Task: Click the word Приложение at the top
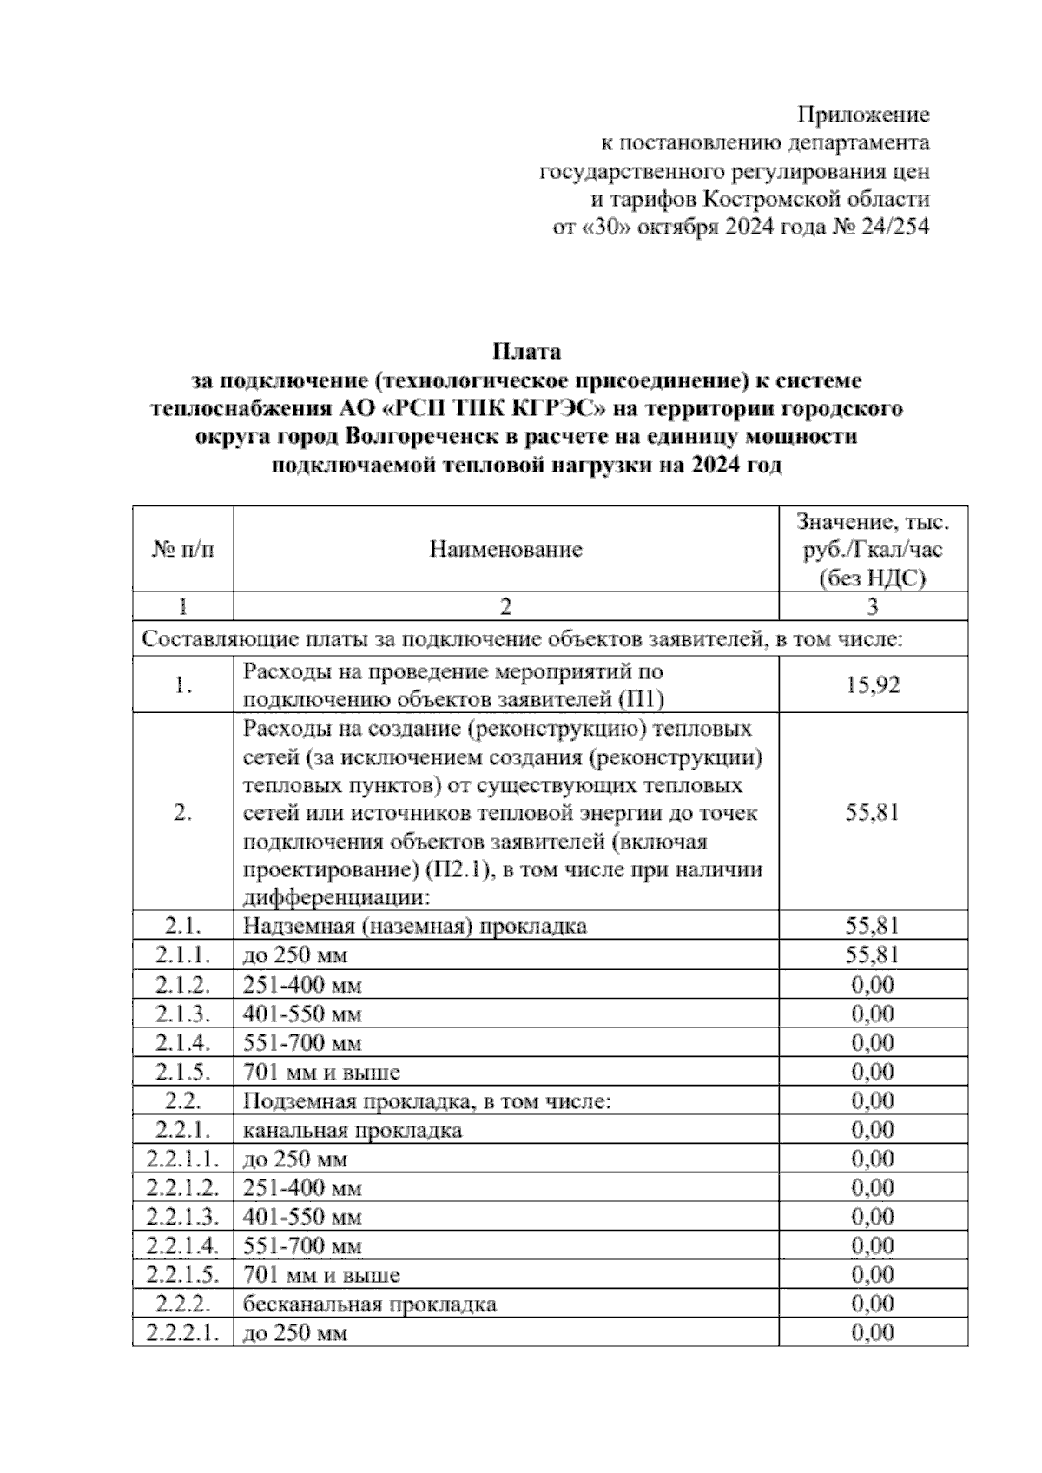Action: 863,115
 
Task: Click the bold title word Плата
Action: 526,352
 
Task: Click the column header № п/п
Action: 182,549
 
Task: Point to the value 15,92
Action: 873,685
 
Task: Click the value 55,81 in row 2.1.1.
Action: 873,955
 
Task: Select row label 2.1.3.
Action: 182,1014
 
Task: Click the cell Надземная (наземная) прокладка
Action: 415,926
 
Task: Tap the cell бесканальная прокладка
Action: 370,1304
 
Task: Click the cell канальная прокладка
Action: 353,1130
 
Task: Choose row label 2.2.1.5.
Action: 182,1275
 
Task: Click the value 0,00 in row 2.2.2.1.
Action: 873,1332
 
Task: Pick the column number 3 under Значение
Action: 873,605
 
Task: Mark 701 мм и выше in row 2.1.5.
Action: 321,1072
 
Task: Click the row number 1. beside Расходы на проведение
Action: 182,685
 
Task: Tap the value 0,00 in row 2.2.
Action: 873,1100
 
